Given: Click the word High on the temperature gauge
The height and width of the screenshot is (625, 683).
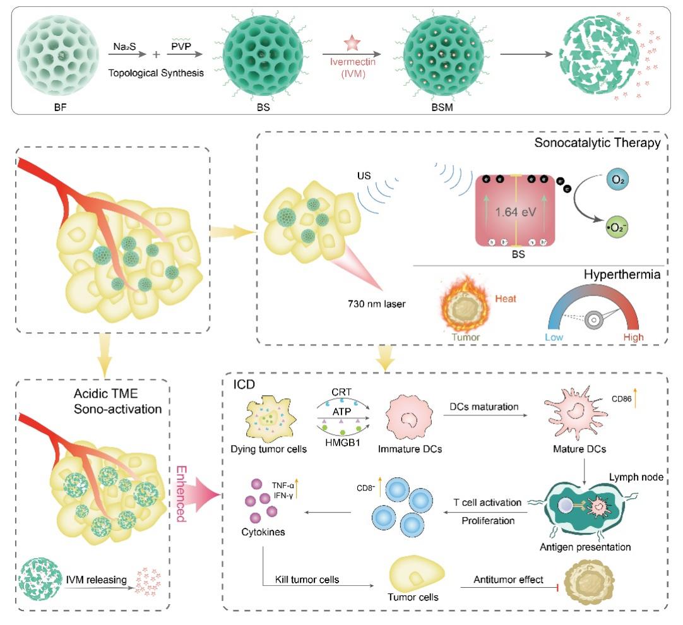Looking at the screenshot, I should (x=631, y=337).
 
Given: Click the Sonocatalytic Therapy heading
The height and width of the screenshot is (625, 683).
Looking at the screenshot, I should (x=597, y=143).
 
